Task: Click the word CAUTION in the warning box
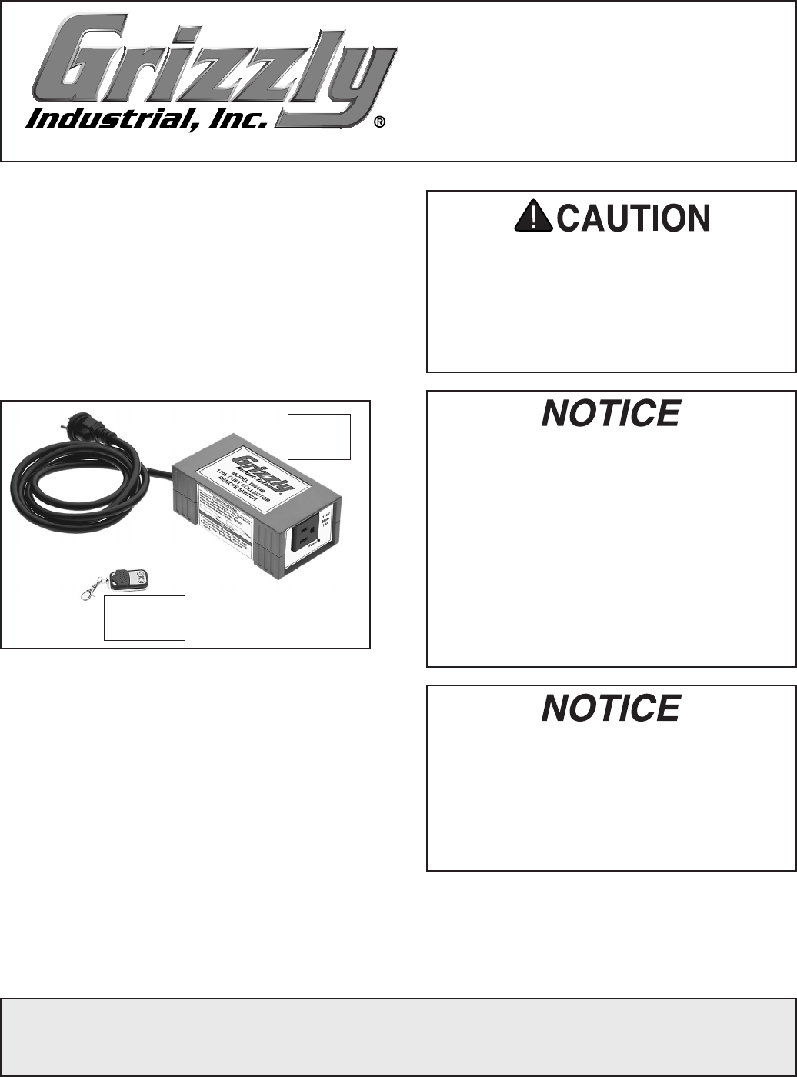632,220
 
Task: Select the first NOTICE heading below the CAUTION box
611,413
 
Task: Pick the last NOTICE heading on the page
611,708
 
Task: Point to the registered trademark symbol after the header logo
380,123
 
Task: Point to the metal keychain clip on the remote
92,589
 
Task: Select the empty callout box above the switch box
319,436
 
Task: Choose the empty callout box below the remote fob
145,618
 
